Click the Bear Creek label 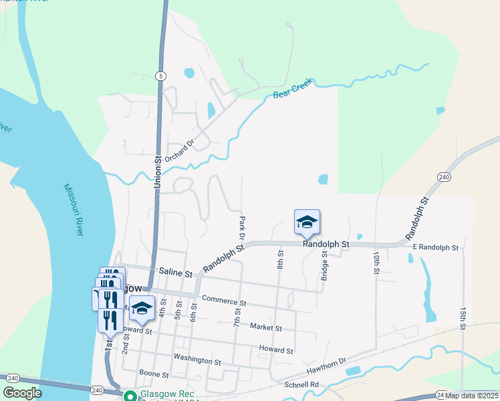tap(293, 93)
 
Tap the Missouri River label tap(74, 210)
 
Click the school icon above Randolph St tap(307, 222)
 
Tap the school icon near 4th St tap(142, 308)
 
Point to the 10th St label tap(376, 263)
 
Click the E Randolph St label tap(435, 248)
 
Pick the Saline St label tap(176, 273)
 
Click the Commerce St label tap(225, 299)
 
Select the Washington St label tap(197, 361)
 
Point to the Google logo tap(23, 393)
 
